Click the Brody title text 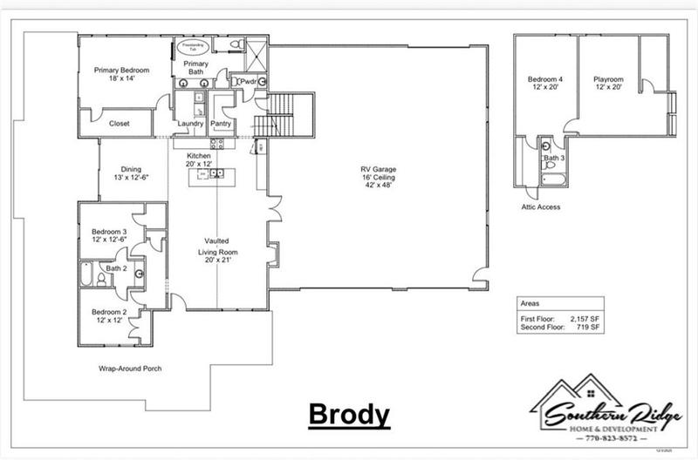(348, 414)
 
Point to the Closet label (119, 124)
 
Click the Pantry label (221, 124)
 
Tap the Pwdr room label (248, 82)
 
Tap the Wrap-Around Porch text (130, 369)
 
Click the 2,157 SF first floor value (585, 320)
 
